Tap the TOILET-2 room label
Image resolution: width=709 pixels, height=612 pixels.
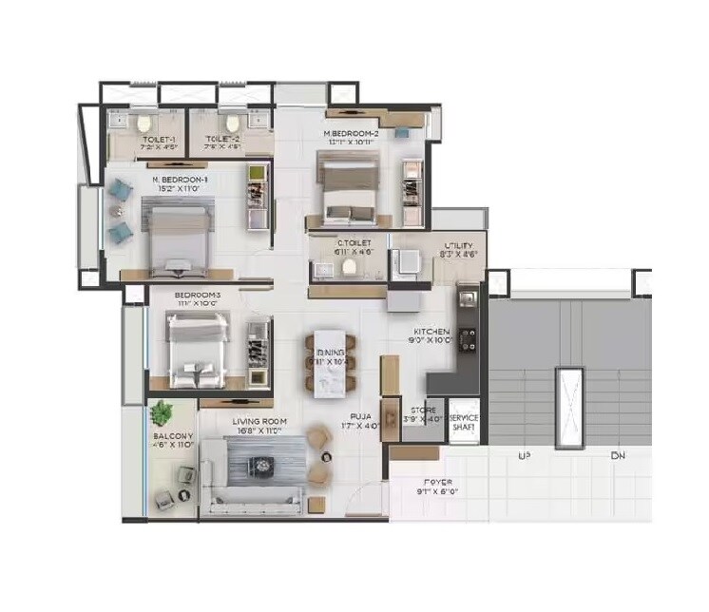pyautogui.click(x=223, y=140)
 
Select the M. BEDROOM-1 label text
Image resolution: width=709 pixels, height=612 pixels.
pyautogui.click(x=180, y=180)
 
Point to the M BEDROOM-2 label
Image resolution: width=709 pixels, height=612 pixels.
pyautogui.click(x=351, y=134)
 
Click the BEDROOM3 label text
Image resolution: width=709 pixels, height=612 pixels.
pyautogui.click(x=198, y=296)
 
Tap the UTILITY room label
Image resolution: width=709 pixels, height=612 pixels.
pyautogui.click(x=460, y=245)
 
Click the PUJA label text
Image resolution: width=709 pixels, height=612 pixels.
pyautogui.click(x=359, y=416)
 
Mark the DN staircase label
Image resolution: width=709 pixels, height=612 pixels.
pyautogui.click(x=617, y=457)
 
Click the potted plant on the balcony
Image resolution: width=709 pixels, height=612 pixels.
pyautogui.click(x=163, y=413)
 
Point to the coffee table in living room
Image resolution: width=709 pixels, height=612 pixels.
pyautogui.click(x=259, y=466)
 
